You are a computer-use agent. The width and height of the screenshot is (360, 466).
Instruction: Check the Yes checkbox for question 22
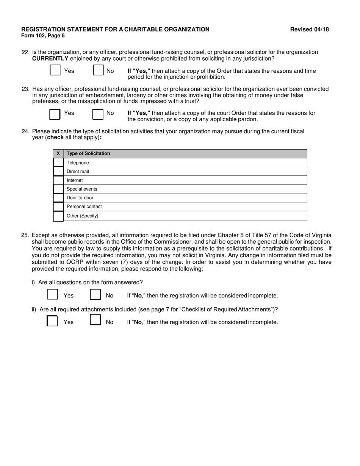tap(55, 71)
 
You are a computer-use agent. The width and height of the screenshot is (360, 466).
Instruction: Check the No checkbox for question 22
tap(98, 71)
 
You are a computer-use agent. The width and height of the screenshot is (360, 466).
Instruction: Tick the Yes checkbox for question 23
tap(55, 114)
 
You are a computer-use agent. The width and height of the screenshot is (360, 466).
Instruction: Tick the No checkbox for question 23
tap(98, 114)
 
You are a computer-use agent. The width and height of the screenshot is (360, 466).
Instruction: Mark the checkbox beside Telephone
tap(58, 163)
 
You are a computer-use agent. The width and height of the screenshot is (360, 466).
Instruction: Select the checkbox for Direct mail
tap(58, 171)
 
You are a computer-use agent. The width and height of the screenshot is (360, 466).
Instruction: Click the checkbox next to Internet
tap(58, 180)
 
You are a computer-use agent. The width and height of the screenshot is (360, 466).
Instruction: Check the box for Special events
tap(58, 189)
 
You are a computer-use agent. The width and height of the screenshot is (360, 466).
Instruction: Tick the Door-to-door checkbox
tap(58, 198)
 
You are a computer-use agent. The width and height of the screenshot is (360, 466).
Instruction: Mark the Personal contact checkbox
tap(58, 206)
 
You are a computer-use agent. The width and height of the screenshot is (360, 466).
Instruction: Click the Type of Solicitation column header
tap(88, 153)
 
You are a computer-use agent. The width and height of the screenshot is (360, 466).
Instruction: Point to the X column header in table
tap(58, 153)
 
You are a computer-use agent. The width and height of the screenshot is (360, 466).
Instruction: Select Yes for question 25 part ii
tap(52, 321)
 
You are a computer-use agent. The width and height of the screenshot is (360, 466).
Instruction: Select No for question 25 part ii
tap(95, 321)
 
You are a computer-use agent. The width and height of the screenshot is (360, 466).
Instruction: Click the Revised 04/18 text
tap(309, 30)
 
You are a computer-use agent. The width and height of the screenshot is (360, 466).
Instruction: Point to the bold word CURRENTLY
tap(50, 58)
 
